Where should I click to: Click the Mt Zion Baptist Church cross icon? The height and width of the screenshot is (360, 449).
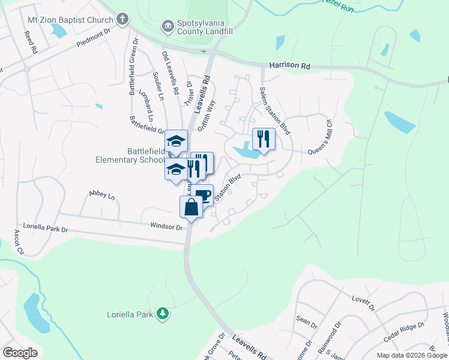(x=122, y=19)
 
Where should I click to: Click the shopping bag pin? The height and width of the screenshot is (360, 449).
(x=191, y=208)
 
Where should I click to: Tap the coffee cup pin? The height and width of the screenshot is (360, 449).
(x=203, y=195)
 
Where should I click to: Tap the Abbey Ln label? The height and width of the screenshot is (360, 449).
(x=101, y=193)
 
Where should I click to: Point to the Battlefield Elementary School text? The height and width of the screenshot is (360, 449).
(x=130, y=155)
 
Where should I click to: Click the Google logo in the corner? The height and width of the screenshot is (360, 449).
(x=19, y=353)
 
